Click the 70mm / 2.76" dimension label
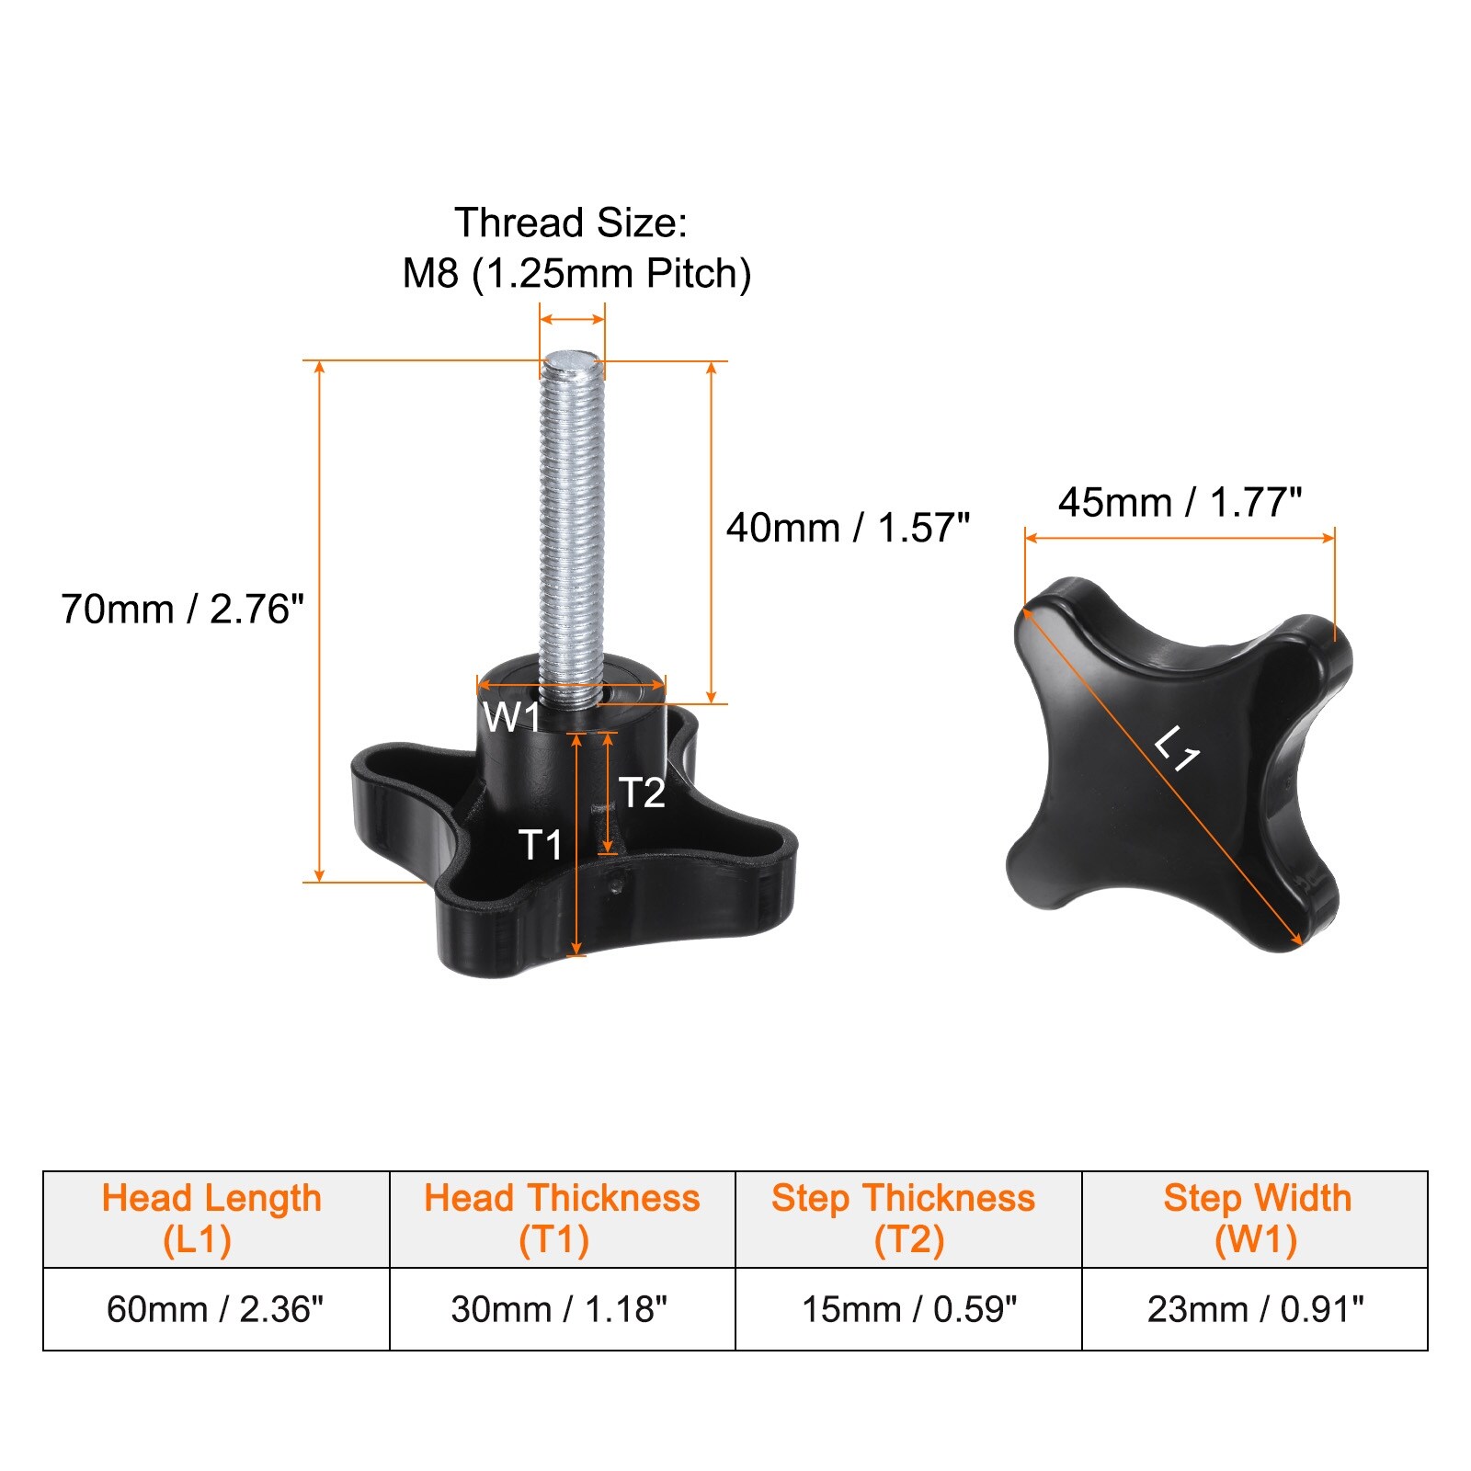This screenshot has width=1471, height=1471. [182, 610]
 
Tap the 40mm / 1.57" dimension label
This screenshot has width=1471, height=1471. [848, 529]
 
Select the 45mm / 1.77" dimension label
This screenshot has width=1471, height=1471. [1180, 503]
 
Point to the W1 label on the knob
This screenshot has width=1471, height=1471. [511, 717]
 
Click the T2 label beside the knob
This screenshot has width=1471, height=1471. [642, 793]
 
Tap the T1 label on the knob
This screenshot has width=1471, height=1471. [541, 844]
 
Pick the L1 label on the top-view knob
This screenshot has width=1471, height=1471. [1178, 748]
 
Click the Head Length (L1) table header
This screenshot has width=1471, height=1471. [211, 1219]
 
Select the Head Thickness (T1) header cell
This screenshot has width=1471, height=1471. [562, 1219]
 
